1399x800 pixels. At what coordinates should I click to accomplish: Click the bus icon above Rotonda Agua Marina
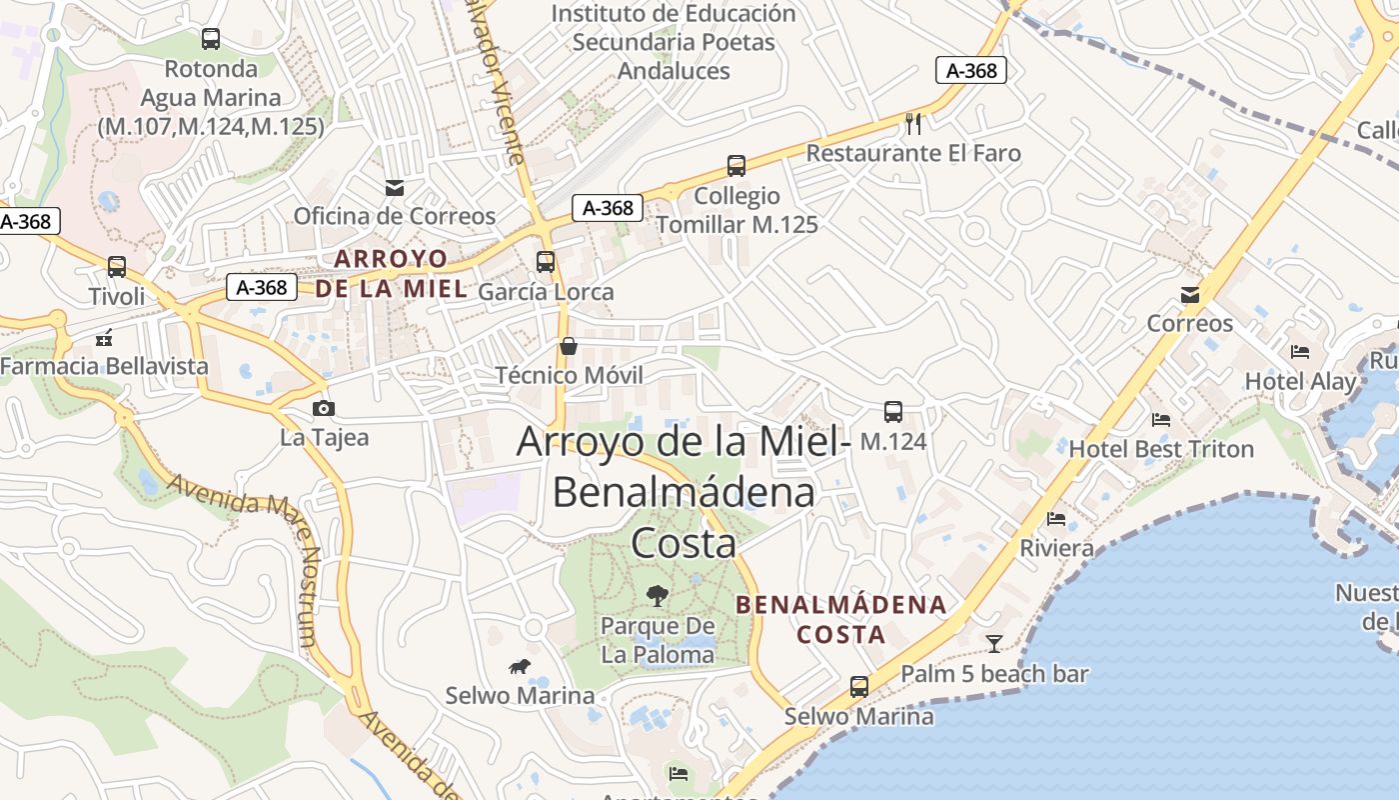(x=211, y=39)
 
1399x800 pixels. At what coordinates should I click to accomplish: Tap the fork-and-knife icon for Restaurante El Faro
(x=912, y=124)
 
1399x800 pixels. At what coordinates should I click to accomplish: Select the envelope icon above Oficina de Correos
(x=395, y=188)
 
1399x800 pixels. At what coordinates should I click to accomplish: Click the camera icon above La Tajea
(x=323, y=408)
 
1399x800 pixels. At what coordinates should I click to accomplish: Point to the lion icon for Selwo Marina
(x=520, y=667)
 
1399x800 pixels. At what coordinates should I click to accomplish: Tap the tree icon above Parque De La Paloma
(x=658, y=596)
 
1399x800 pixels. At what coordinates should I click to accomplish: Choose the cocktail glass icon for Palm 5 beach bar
(x=994, y=644)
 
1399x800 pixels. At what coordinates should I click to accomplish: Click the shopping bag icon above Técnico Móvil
(x=569, y=346)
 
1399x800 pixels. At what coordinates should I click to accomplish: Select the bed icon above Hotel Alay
(x=1300, y=352)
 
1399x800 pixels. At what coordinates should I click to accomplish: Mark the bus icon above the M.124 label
(x=893, y=412)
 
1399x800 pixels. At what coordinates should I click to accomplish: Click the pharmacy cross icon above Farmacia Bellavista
(x=104, y=338)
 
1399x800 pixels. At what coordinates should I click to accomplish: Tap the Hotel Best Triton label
(x=1161, y=449)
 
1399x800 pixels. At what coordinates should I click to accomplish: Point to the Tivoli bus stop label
(x=117, y=297)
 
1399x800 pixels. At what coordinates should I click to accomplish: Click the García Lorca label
(x=546, y=292)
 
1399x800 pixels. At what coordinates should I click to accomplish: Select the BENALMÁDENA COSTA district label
(x=841, y=619)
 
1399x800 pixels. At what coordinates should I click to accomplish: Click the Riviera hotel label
(x=1056, y=549)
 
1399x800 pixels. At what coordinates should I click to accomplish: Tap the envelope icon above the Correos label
(x=1190, y=295)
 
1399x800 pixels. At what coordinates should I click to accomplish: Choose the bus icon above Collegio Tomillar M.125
(x=736, y=166)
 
